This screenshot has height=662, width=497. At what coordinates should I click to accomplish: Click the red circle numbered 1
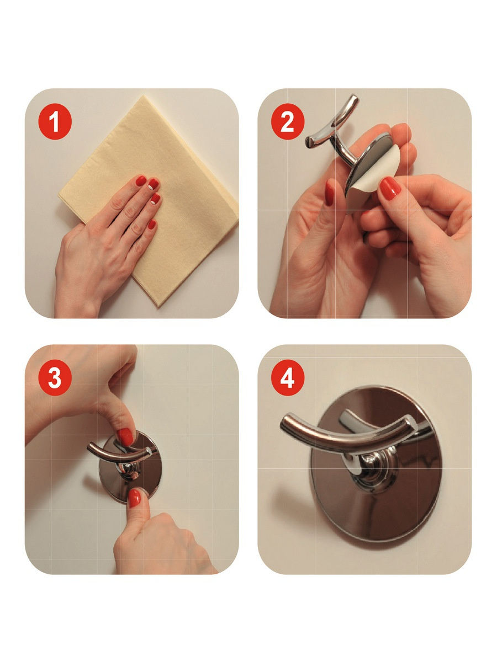(55, 121)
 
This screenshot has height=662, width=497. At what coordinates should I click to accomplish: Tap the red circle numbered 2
(288, 121)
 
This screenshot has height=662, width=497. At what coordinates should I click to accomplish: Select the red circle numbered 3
(55, 377)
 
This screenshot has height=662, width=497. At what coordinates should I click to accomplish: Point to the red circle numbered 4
(288, 377)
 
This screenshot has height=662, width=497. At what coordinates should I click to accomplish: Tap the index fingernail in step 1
(141, 180)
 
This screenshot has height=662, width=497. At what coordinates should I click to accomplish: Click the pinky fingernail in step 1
(152, 224)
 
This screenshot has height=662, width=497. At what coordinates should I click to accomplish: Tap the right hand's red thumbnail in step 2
(390, 189)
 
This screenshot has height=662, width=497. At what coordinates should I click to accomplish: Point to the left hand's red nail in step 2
(330, 193)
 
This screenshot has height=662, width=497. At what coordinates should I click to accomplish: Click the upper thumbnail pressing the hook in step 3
(125, 437)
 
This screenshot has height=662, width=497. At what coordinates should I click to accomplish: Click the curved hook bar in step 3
(121, 451)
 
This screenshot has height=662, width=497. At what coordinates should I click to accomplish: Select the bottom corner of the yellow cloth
(157, 306)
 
